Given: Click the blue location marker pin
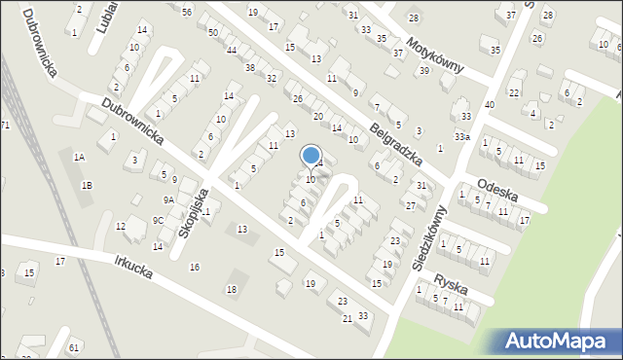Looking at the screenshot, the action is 311,156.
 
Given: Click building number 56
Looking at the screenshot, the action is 186,11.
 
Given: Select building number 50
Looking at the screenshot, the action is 213,32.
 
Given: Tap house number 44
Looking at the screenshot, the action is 232,50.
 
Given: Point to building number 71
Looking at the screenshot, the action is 5,126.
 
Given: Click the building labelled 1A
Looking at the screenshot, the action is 80,157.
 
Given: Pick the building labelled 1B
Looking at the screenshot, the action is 87,185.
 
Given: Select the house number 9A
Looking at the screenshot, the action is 168,199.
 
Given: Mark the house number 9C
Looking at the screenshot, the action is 158,220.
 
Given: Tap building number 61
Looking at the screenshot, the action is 73,347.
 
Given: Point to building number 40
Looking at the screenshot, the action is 489,104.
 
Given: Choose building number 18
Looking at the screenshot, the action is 231,290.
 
